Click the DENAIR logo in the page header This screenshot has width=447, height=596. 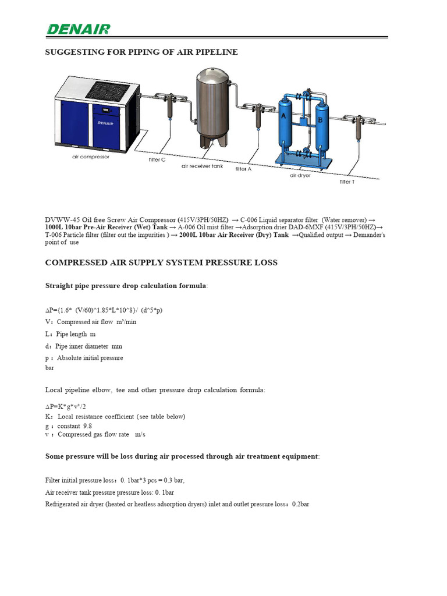78,29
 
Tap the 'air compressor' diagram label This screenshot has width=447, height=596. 90,157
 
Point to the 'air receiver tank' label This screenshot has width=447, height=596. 202,166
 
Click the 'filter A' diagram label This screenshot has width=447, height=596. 243,169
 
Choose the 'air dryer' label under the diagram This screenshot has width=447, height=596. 300,175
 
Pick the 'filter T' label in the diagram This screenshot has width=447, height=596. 347,182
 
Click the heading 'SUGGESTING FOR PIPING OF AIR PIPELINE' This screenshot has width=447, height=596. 141,52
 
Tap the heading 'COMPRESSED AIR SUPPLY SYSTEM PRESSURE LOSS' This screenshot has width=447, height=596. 161,262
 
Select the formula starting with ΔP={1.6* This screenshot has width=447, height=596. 108,310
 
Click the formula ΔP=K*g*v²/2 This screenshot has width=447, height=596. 69,407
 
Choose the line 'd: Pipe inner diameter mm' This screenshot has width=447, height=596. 84,346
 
